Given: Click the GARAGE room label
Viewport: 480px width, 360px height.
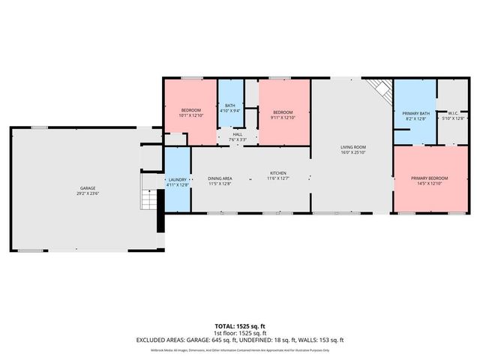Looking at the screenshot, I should click(x=88, y=188).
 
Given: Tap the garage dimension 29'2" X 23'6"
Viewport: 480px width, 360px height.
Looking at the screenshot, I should click(x=88, y=193).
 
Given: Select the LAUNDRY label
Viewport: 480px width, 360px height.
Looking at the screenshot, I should click(x=177, y=179).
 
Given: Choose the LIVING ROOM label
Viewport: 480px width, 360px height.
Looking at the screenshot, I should click(x=352, y=147).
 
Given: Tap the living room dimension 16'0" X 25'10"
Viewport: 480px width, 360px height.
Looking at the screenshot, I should click(x=352, y=153).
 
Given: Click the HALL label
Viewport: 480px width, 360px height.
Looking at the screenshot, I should click(x=237, y=134).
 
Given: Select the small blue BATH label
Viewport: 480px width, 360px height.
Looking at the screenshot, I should click(x=230, y=105).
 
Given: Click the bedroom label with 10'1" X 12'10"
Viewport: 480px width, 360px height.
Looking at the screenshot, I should click(x=190, y=110).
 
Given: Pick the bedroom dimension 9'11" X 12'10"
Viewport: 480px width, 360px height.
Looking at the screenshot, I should click(x=283, y=117).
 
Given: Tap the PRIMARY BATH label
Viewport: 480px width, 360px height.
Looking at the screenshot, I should click(x=415, y=112).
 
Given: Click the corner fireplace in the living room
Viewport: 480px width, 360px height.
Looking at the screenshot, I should click(x=382, y=91).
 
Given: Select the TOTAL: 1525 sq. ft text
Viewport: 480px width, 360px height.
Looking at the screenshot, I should click(x=239, y=326).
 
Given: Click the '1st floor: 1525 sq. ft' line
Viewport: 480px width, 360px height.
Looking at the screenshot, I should click(x=239, y=333).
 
